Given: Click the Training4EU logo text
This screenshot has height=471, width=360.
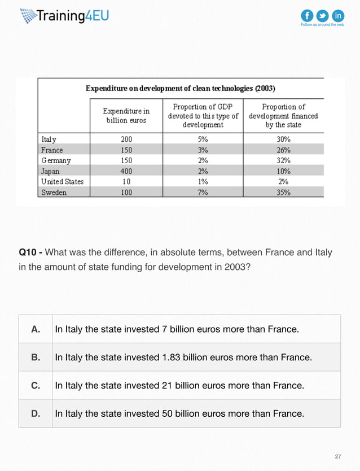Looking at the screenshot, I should click(72, 16).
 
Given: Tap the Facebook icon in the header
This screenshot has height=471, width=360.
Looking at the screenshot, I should click(308, 15).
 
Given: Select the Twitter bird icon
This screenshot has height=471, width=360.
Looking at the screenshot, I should click(323, 15).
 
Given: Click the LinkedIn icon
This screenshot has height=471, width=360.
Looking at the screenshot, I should click(338, 15).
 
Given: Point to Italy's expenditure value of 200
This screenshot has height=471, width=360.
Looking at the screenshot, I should click(126, 139).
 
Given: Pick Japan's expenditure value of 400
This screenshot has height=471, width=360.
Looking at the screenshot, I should click(126, 171).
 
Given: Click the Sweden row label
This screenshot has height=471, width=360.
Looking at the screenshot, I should click(54, 193).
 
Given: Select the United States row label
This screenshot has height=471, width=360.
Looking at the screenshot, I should click(62, 182).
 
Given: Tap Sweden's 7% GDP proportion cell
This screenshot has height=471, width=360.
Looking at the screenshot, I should click(203, 193).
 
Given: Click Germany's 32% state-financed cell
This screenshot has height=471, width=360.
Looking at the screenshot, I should click(283, 160).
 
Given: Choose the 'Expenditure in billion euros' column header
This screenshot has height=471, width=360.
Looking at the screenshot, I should click(126, 116).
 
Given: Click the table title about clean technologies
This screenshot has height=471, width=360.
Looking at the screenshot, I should click(180, 88).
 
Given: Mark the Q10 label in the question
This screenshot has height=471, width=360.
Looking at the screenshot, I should click(29, 252).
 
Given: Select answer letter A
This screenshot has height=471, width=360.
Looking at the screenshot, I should click(36, 329).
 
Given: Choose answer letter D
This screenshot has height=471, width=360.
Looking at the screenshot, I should click(36, 414).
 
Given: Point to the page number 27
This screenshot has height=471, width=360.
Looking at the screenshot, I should click(338, 456).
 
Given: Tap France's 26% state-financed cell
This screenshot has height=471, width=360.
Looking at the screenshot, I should click(283, 150).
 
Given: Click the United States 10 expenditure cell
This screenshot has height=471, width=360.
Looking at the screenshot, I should click(126, 182).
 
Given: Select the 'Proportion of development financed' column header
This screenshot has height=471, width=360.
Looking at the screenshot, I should click(283, 116).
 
